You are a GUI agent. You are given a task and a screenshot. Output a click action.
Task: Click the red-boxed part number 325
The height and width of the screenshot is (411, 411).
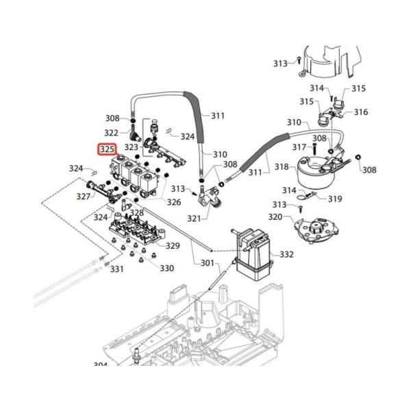click(108, 149)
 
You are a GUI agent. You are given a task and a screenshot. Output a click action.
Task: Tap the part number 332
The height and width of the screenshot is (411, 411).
click(286, 254)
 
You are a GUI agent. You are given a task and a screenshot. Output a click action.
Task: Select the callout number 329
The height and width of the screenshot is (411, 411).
click(173, 246)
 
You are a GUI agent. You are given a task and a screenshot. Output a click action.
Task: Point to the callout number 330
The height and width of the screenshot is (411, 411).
click(167, 268)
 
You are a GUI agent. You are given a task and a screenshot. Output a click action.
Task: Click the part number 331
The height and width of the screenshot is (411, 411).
click(116, 269)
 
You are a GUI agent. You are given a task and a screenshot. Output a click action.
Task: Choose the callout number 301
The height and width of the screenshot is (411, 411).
click(208, 262)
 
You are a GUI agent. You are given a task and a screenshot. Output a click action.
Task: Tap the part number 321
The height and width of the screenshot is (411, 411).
click(194, 218)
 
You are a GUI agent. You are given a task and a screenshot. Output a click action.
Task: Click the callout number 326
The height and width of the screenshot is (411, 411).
click(174, 202)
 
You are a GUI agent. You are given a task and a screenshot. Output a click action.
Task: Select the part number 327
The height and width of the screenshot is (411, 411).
click(84, 196)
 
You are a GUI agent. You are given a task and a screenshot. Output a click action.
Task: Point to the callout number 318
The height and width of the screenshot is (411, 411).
click(282, 166)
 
